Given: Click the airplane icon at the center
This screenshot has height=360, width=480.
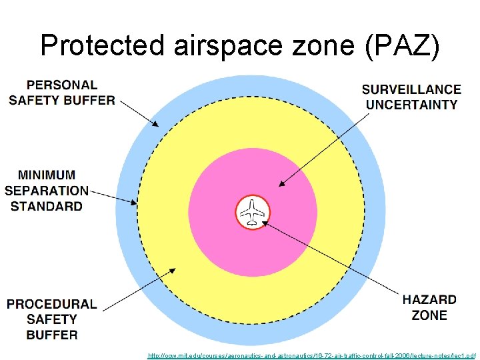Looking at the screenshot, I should coord(253,213).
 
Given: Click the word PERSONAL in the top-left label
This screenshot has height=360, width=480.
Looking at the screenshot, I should coord(61,85).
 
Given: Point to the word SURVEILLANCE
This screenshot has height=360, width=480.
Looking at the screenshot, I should coord(411,89).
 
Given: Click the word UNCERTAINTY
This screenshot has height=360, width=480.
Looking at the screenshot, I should coord(411,105).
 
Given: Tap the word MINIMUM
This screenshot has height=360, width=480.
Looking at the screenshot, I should coord(47,175).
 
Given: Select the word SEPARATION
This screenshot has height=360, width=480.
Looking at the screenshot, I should coord(47,191).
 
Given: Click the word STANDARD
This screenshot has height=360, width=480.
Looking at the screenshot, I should coord(47,206).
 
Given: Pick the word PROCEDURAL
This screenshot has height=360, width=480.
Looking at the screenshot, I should coord(52,304).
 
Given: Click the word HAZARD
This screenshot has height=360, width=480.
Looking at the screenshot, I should coord(429,300).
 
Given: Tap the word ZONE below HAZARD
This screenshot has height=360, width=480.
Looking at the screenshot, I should coord(429,315).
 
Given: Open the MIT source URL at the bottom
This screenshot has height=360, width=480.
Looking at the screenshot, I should coord(312,356).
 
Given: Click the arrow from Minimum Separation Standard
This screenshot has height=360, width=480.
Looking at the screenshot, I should coord(113,196).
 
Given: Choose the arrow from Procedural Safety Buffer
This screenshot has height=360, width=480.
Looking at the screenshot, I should coord(140,287).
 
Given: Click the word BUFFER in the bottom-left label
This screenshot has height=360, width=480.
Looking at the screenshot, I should coord(52,335).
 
